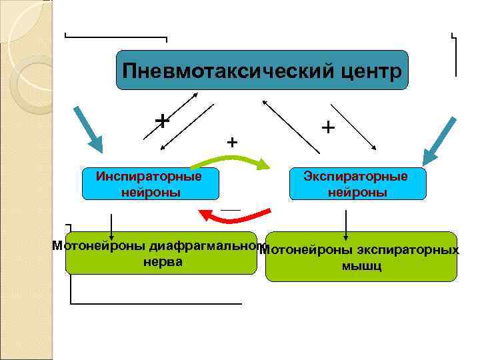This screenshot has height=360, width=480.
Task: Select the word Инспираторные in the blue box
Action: pos(149,177)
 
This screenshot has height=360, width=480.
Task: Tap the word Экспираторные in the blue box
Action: pos(355,177)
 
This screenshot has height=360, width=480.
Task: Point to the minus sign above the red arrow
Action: pos(230,209)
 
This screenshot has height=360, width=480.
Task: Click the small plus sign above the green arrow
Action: pos(232,142)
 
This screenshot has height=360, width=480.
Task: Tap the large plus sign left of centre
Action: pos(161,120)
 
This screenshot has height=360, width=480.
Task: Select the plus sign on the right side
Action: pos(327,126)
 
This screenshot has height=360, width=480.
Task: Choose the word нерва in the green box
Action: pos(163,262)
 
